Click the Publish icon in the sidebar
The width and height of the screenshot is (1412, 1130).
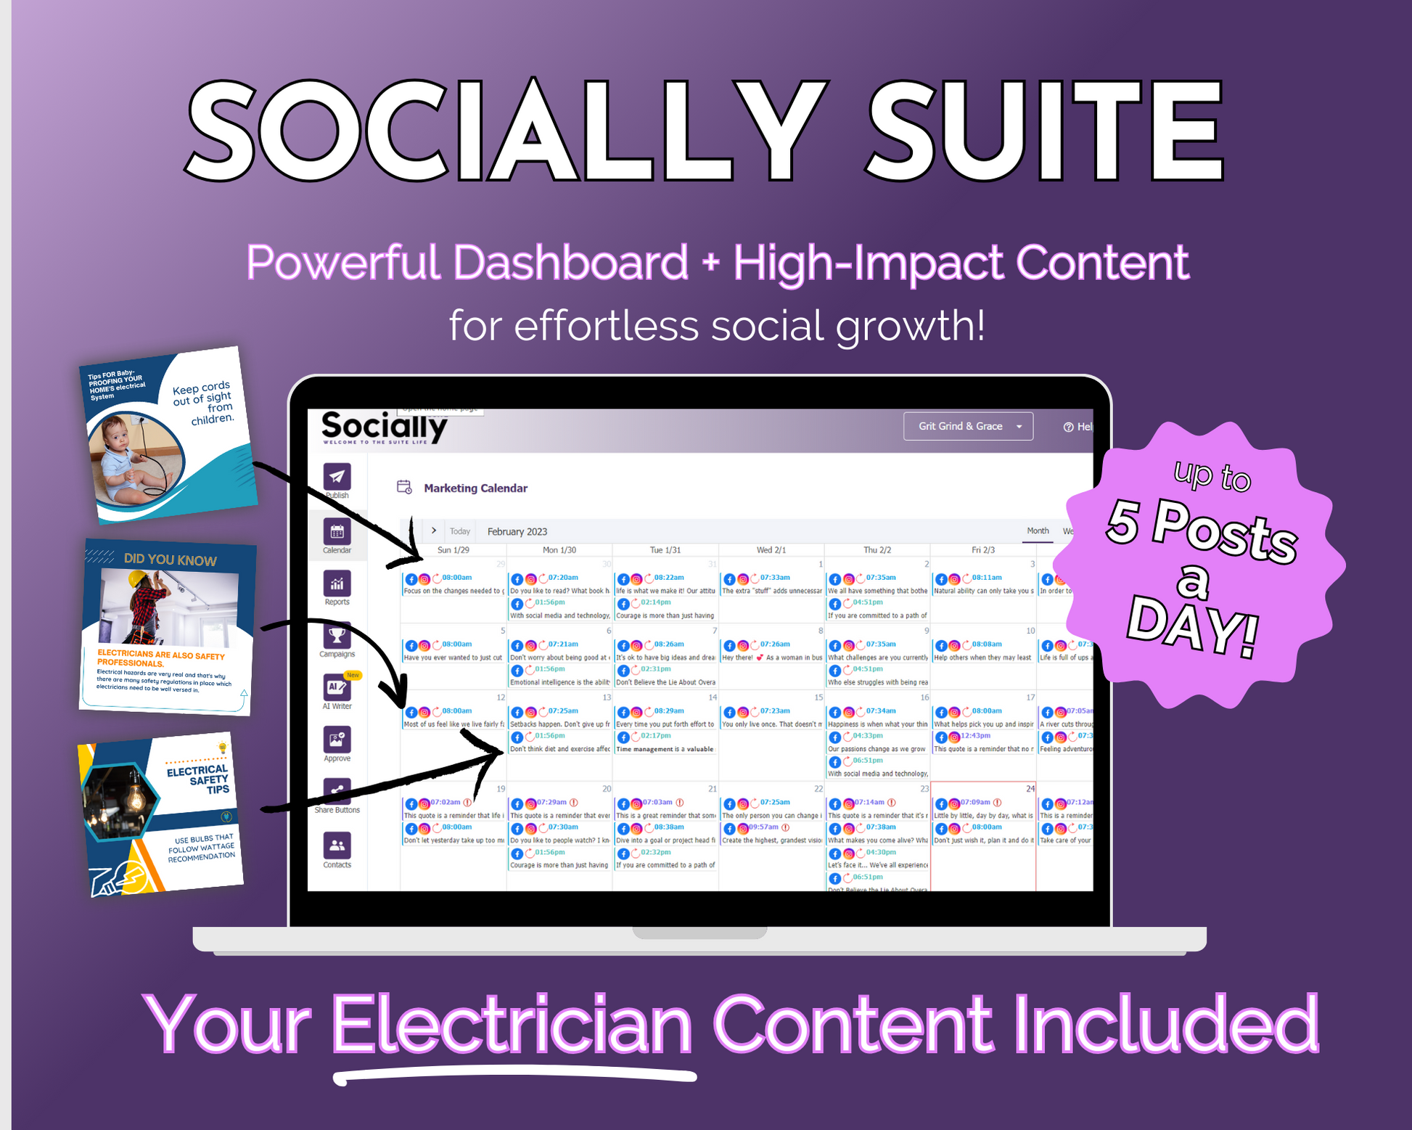(337, 477)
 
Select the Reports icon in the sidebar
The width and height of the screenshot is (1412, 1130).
(337, 584)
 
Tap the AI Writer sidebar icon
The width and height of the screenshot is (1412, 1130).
(337, 687)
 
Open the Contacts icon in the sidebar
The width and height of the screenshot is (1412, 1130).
(337, 846)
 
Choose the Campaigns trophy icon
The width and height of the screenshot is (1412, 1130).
(337, 636)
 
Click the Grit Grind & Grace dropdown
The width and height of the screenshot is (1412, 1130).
(967, 426)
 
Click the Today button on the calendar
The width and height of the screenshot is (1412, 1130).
(460, 531)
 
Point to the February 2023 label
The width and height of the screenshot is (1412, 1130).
(517, 531)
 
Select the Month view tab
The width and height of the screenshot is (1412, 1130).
(1038, 531)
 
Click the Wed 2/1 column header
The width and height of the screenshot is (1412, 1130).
(771, 550)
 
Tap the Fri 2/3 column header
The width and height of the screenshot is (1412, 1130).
(983, 550)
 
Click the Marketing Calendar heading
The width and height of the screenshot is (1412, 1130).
(475, 488)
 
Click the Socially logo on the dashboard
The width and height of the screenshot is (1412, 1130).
(384, 427)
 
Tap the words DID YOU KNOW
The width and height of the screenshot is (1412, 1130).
(170, 560)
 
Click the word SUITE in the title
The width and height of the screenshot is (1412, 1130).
(1046, 131)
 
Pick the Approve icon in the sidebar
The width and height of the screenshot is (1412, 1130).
(337, 740)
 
